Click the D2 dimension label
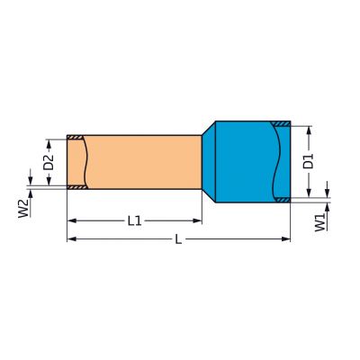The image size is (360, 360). coord(49,162)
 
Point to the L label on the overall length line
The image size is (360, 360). coord(178,239)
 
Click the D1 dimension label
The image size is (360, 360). coord(308,162)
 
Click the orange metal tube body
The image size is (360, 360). coord(144,162)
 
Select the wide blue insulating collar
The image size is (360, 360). coord(247,161)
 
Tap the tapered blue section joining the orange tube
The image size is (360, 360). coord(208,161)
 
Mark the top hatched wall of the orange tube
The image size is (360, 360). coord(76,138)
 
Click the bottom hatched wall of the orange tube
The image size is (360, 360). coord(76,187)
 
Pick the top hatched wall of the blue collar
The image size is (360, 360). coord(282,124)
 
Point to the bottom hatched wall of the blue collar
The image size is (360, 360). coord(282,199)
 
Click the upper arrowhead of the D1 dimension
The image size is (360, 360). coord(308,130)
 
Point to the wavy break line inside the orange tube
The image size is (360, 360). coord(86,162)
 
